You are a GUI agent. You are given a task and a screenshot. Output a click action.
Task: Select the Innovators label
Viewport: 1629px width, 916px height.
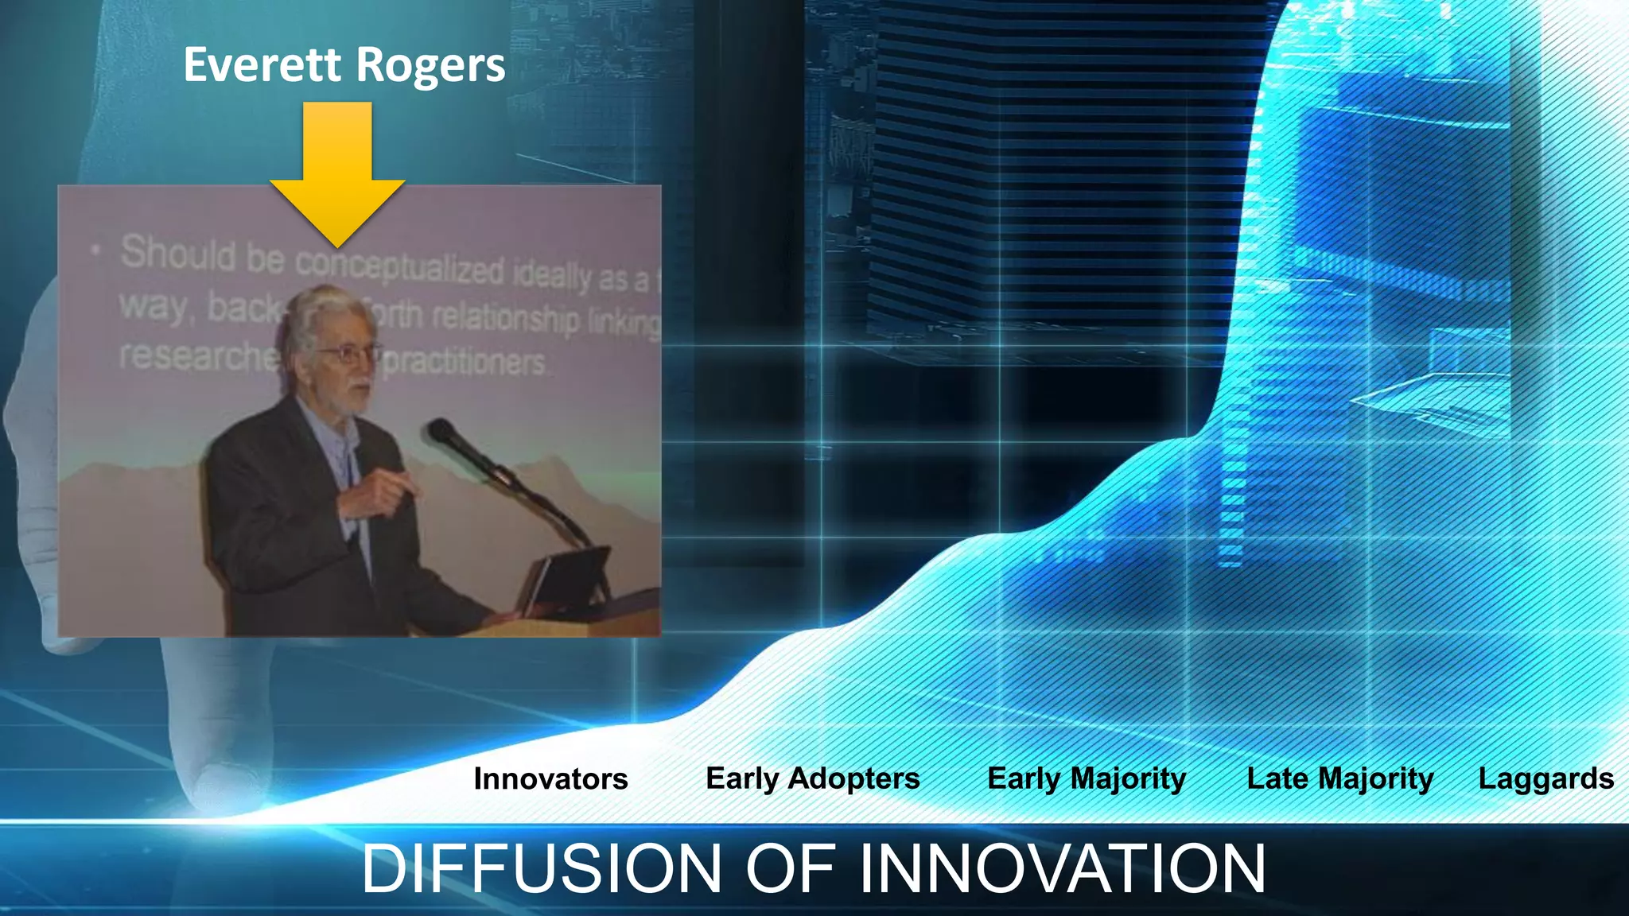(x=550, y=778)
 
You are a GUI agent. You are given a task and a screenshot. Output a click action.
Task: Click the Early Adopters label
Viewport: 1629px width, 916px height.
(x=812, y=778)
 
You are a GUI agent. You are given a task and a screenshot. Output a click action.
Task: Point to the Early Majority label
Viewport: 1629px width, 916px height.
(x=1087, y=778)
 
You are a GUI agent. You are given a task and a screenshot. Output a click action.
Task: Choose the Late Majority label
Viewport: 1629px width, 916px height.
(x=1340, y=778)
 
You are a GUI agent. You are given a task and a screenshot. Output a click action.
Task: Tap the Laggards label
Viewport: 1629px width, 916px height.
(x=1545, y=778)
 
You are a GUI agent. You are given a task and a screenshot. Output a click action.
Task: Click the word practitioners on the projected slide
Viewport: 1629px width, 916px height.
(x=465, y=363)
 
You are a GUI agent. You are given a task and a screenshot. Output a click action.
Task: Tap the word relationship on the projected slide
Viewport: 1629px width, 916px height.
(x=506, y=318)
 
